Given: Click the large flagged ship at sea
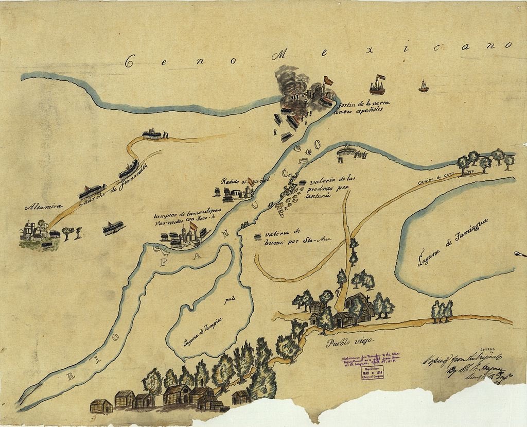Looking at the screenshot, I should (x=378, y=85).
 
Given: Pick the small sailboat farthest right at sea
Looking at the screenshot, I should (x=423, y=86).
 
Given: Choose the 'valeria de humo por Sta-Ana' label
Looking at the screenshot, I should (x=293, y=236).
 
